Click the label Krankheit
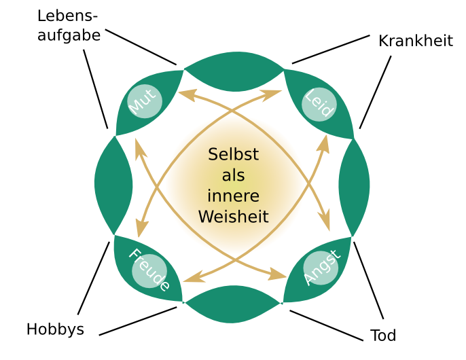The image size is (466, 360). click(415, 41)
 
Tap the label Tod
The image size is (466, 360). click(383, 335)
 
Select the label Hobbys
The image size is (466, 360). click(55, 329)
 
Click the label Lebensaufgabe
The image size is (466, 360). click(69, 26)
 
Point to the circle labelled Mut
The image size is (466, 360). click(144, 102)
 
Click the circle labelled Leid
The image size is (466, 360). click(319, 104)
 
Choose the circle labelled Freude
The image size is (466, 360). click(149, 270)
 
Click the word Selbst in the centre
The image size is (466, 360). click(233, 155)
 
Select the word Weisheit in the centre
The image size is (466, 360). click(233, 217)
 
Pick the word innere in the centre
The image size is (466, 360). click(233, 196)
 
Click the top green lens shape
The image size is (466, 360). click(234, 71)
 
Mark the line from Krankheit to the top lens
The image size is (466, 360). click(330, 50)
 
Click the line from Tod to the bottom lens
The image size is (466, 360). click(326, 325)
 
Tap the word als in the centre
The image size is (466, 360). click(233, 176)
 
